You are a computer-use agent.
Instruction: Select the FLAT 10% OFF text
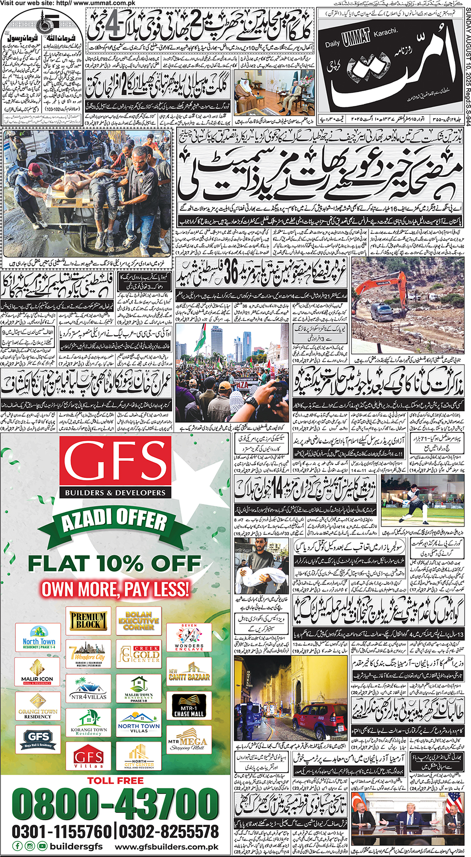(x=114, y=563)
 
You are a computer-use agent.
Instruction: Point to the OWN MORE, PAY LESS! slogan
(x=115, y=588)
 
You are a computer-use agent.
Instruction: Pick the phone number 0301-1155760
(x=62, y=832)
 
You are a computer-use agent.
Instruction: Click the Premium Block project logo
(x=88, y=620)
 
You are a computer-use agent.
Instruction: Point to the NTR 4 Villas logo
(x=88, y=688)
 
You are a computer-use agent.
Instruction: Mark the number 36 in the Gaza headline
(x=231, y=272)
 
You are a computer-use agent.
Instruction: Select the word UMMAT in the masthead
(x=356, y=39)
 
